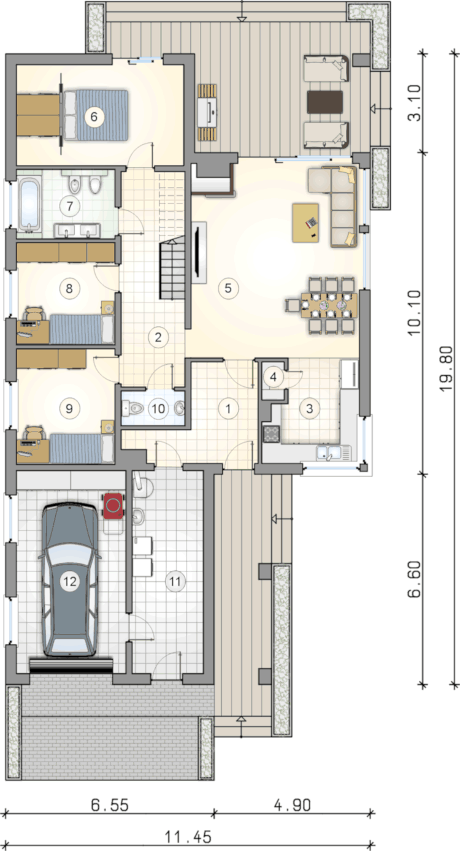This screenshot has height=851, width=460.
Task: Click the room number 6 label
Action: (94, 116)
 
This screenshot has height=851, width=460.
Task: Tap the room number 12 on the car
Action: (70, 581)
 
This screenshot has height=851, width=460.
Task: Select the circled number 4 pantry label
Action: (273, 377)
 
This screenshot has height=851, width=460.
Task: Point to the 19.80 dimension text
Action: (445, 368)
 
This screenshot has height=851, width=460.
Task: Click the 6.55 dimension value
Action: (110, 804)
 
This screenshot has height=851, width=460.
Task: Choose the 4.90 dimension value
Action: (293, 804)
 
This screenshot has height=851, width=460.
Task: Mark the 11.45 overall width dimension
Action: (188, 836)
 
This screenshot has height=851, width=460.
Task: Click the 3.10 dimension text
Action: (415, 102)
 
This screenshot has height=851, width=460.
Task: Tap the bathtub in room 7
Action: (29, 206)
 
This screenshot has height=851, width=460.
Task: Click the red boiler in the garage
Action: (113, 505)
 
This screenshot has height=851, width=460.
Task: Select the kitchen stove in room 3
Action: (271, 434)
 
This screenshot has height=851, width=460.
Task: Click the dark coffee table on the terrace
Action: (325, 102)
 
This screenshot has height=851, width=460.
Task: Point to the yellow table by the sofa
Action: (305, 223)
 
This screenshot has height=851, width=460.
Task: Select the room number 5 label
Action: (228, 288)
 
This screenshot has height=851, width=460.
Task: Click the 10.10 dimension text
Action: (415, 312)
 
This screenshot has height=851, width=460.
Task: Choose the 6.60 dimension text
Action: (415, 579)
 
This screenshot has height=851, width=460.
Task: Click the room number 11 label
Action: (175, 581)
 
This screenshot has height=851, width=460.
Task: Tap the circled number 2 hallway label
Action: (158, 337)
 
